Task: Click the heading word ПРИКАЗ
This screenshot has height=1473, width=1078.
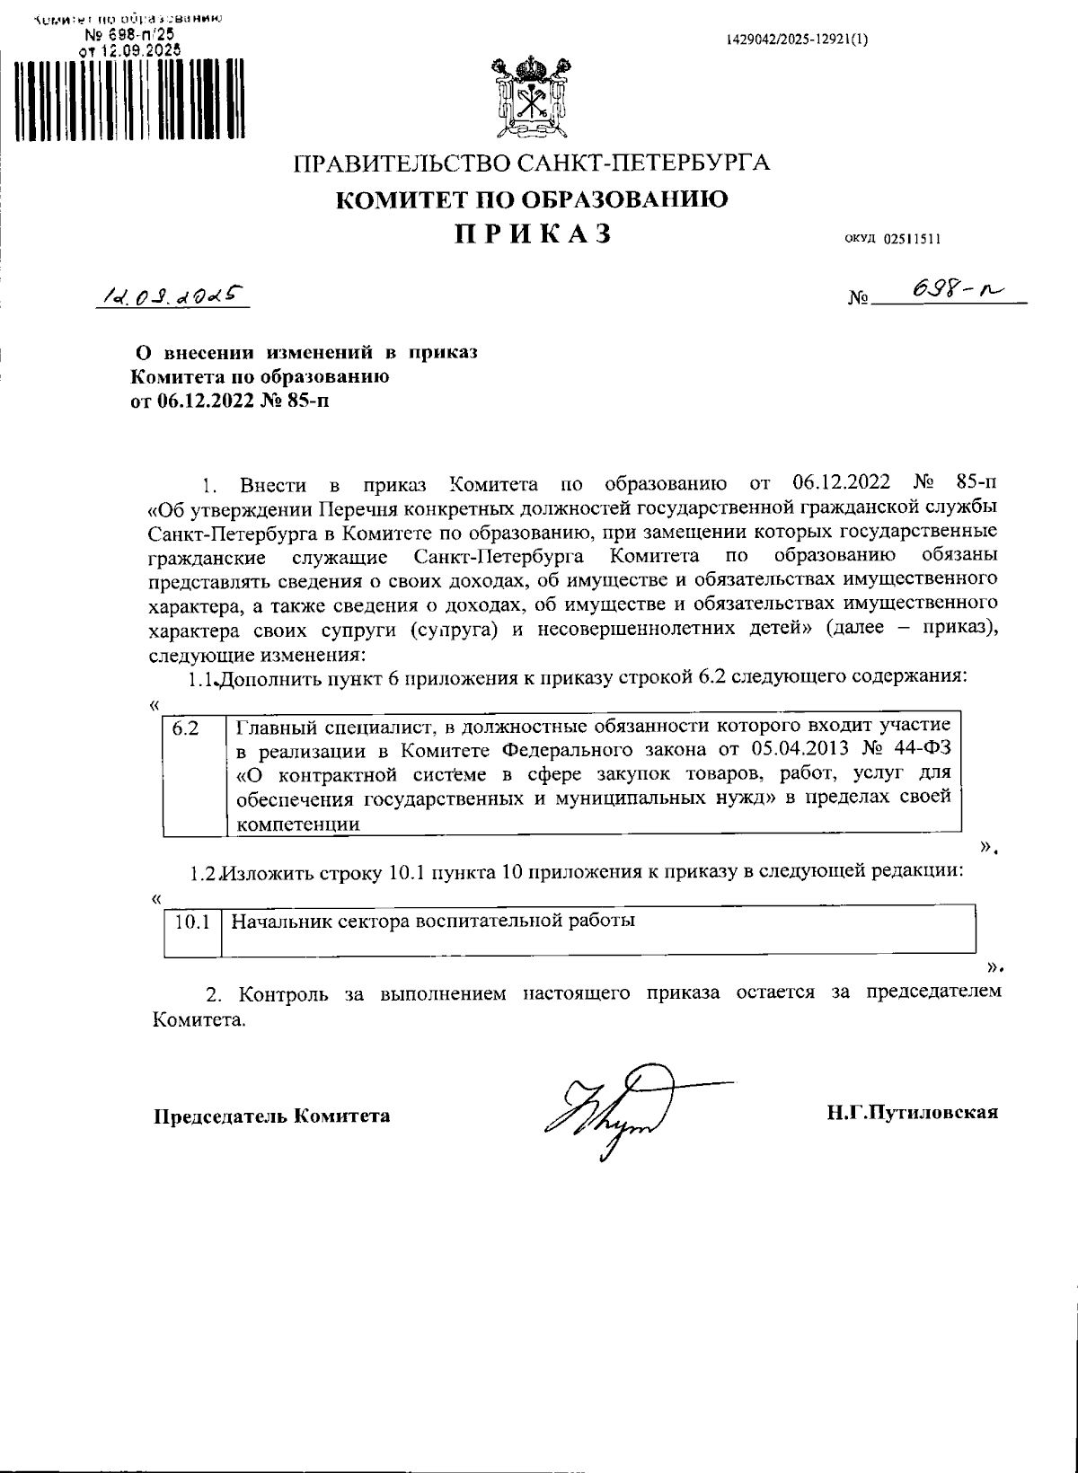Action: click(x=532, y=234)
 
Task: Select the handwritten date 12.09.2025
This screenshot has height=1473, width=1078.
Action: click(x=171, y=294)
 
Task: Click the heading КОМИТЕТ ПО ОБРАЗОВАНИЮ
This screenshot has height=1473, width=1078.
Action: click(x=532, y=199)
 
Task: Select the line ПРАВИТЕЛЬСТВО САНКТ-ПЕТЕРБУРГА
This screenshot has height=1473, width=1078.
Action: click(x=532, y=164)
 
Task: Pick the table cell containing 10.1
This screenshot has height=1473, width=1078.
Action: click(x=191, y=922)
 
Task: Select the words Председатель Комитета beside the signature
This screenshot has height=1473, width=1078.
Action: click(x=271, y=1116)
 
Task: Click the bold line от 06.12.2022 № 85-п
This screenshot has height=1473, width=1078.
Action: click(x=230, y=401)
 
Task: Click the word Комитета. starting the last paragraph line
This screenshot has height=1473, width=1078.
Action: click(x=197, y=1020)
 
